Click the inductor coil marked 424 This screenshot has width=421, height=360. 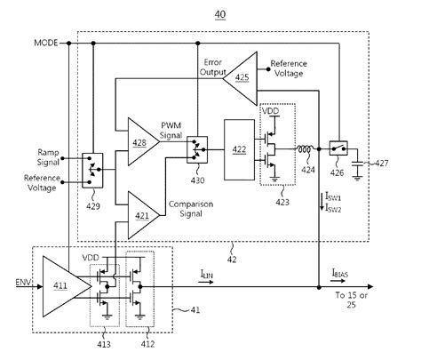tap(307, 148)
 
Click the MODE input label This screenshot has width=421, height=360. tap(45, 43)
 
